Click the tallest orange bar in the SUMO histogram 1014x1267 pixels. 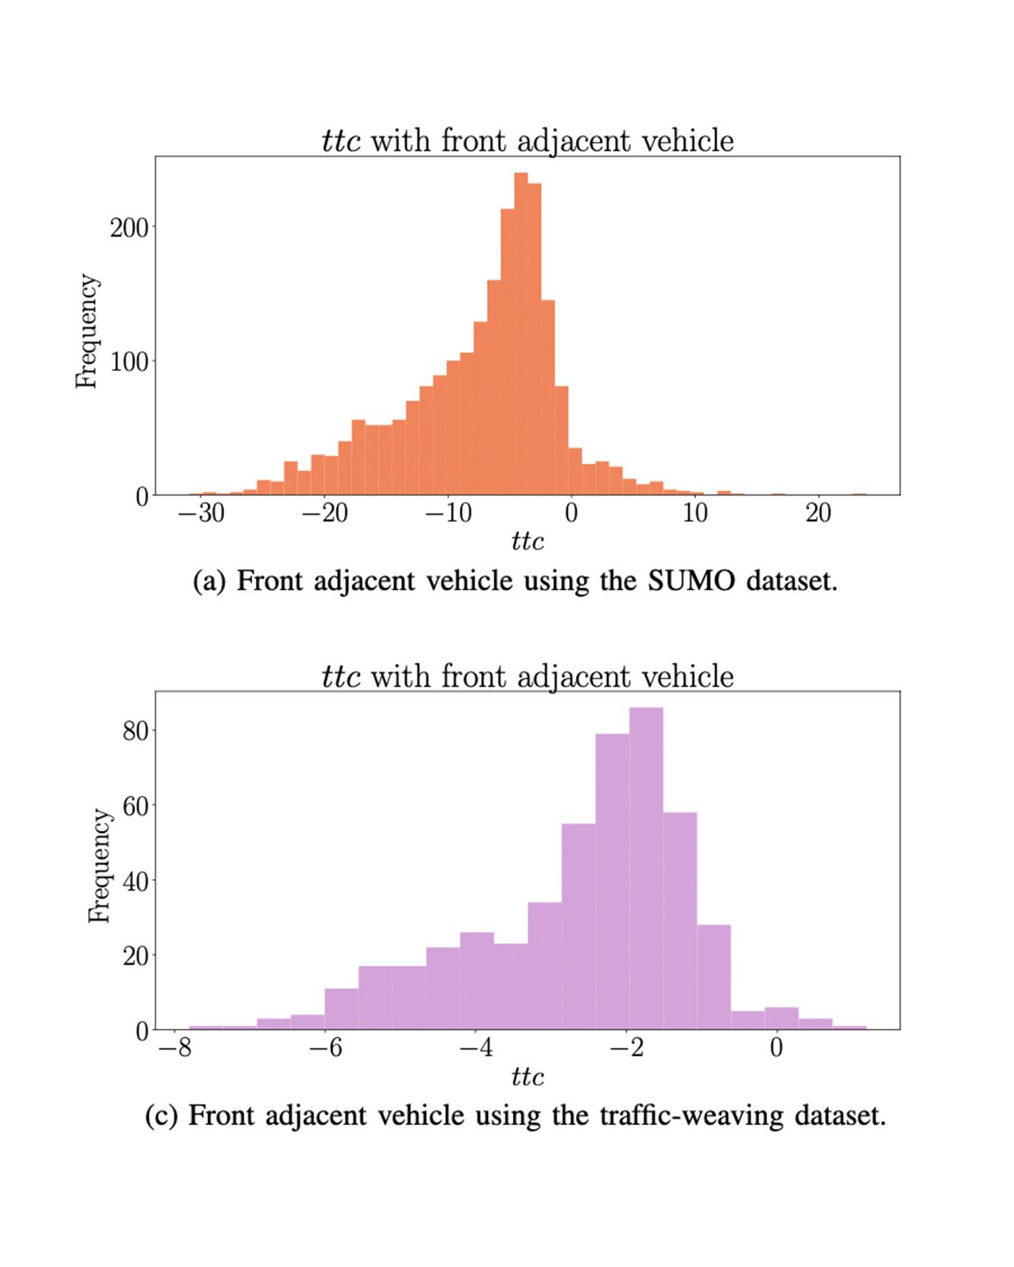pyautogui.click(x=521, y=334)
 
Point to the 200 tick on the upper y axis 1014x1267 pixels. pyautogui.click(x=129, y=227)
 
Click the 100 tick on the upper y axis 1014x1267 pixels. pyautogui.click(x=129, y=361)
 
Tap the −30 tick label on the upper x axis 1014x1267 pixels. pyautogui.click(x=201, y=514)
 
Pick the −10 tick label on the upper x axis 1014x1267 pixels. pyautogui.click(x=448, y=514)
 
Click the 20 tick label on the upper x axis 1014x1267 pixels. pyautogui.click(x=818, y=514)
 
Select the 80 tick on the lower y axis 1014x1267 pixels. pyautogui.click(x=136, y=731)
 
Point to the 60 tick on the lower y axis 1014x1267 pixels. pyautogui.click(x=136, y=805)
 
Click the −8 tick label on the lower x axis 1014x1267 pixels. pyautogui.click(x=175, y=1048)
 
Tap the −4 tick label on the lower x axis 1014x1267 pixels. pyautogui.click(x=476, y=1048)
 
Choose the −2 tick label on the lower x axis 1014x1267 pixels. pyautogui.click(x=626, y=1048)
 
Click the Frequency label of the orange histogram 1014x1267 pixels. pyautogui.click(x=87, y=332)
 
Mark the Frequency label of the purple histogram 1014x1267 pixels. pyautogui.click(x=99, y=866)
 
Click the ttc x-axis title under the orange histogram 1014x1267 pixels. pyautogui.click(x=527, y=542)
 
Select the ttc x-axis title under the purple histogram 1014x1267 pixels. pyautogui.click(x=527, y=1077)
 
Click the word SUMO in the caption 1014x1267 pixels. pyautogui.click(x=691, y=581)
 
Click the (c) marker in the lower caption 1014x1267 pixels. pyautogui.click(x=161, y=1116)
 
